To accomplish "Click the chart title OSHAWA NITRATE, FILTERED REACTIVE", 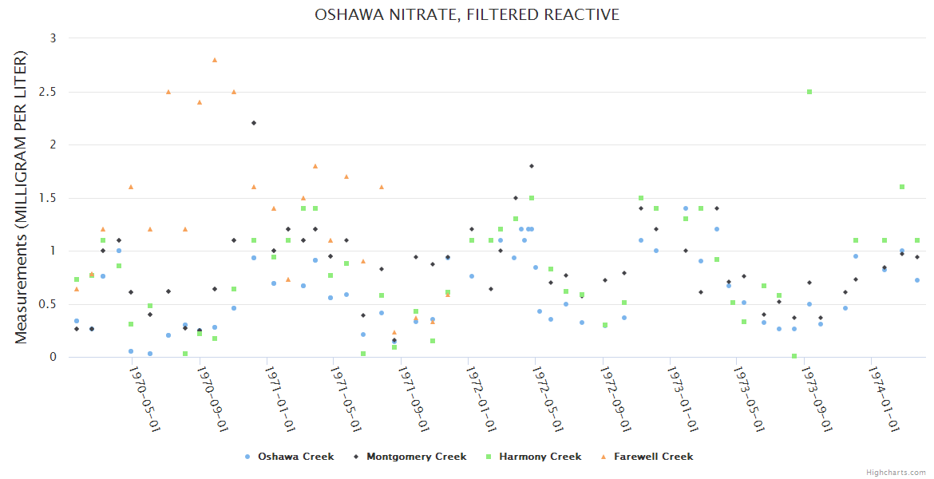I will [x=467, y=15].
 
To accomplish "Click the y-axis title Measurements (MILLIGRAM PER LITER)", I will [x=22, y=197].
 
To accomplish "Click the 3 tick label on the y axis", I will [x=53, y=38].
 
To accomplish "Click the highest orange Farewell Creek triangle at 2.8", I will [x=215, y=60].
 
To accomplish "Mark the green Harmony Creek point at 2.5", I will [x=809, y=92].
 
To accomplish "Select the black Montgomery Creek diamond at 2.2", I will [x=254, y=123].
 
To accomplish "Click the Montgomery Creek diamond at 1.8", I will [x=531, y=166].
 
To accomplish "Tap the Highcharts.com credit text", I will [x=896, y=473].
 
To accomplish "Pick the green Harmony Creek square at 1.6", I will [x=902, y=187].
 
